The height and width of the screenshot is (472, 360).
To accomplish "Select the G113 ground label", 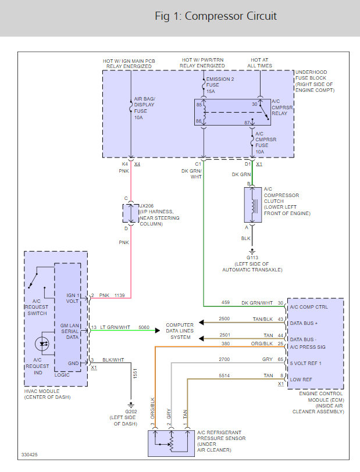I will coord(252,256).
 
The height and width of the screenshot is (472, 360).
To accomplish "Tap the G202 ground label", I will coord(131,412).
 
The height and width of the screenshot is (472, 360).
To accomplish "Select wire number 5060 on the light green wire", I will coord(144,328).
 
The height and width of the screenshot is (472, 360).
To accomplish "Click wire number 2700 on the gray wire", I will coord(224,360).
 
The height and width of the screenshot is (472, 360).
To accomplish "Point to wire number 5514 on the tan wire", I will coord(224,376).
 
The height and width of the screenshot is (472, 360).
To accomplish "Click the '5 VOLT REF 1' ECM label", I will coord(306,364).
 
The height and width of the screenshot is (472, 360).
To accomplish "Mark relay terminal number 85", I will coord(199,105).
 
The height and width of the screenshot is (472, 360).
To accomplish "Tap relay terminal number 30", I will coord(254,104).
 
